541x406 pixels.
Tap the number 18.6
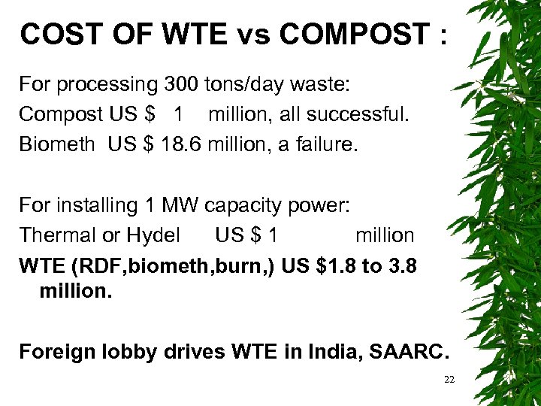[177, 144]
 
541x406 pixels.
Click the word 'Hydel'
[153, 235]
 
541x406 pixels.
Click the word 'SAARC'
[407, 351]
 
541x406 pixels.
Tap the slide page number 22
[449, 380]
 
